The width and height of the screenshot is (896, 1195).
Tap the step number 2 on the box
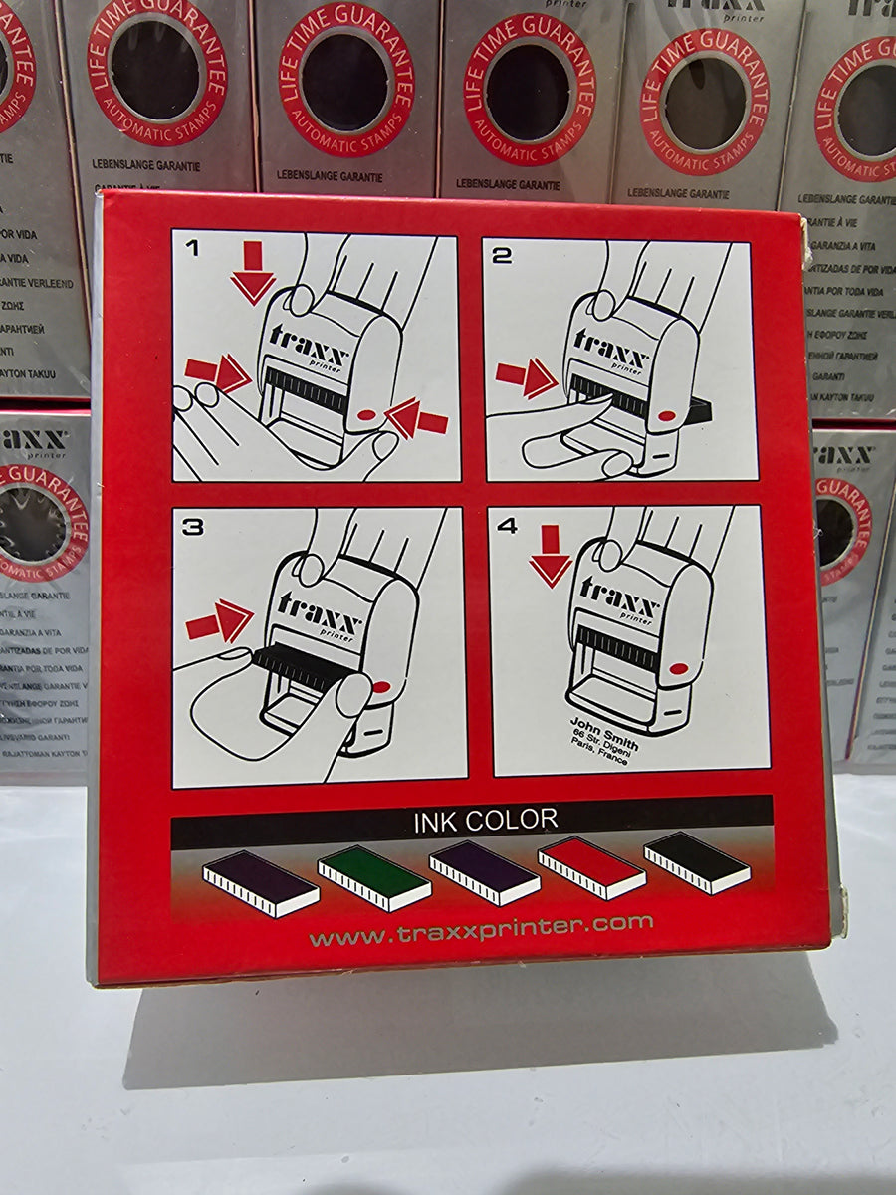502,255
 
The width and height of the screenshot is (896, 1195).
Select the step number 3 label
193,527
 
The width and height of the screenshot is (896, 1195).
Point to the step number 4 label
508,526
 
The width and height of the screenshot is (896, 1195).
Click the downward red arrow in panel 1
253,272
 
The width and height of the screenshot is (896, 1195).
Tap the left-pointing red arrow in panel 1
417,419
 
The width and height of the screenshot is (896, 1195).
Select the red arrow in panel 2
526,378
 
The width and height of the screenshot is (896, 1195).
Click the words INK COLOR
485,821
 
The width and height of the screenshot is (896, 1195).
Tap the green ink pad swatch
374,876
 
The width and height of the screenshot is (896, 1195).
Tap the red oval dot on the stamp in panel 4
679,669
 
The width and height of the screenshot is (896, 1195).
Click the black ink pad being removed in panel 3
299,666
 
